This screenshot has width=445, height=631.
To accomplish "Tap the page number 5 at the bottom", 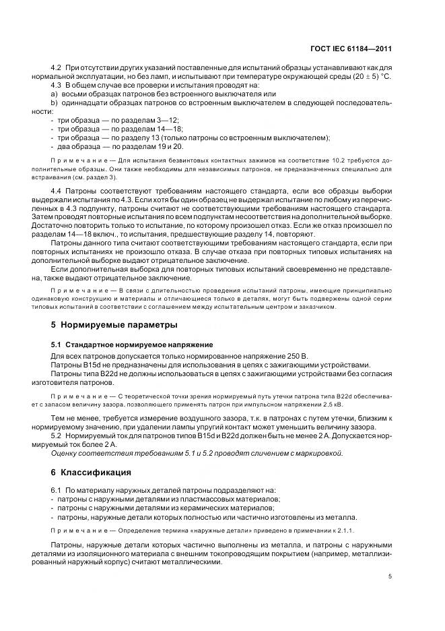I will click(390, 576).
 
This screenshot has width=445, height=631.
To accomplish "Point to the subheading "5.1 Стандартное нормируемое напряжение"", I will click(132, 344).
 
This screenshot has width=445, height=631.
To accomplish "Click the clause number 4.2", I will click(57, 69).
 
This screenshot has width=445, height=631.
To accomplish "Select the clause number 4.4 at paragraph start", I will click(57, 192).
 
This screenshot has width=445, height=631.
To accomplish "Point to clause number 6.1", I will click(57, 489).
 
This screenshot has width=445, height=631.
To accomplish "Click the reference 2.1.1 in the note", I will click(281, 529).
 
